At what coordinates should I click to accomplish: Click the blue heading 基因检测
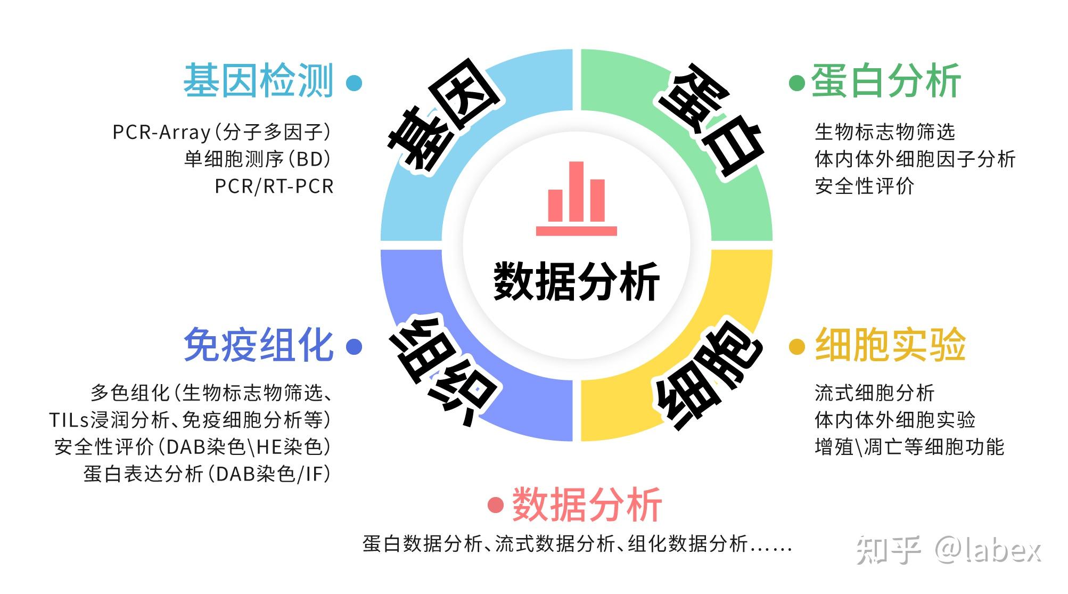[258, 81]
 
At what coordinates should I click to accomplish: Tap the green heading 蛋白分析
[886, 81]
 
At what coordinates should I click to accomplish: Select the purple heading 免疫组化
[258, 345]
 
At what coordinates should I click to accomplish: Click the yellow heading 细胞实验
[890, 345]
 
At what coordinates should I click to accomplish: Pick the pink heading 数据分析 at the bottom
[587, 504]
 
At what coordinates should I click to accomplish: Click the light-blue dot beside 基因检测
[354, 83]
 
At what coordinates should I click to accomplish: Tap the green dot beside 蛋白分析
[796, 83]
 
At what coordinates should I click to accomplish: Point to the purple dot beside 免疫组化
[354, 347]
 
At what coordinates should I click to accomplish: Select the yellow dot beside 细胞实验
[796, 347]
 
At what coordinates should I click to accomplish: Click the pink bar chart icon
[577, 198]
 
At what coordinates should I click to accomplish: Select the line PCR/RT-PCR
[274, 186]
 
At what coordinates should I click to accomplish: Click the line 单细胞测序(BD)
[258, 159]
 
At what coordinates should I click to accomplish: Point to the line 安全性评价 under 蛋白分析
[865, 186]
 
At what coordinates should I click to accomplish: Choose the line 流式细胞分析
[875, 393]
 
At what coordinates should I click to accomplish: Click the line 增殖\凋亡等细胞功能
[909, 447]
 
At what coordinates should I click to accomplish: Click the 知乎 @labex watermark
[948, 551]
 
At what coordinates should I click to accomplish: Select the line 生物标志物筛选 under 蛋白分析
[885, 132]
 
